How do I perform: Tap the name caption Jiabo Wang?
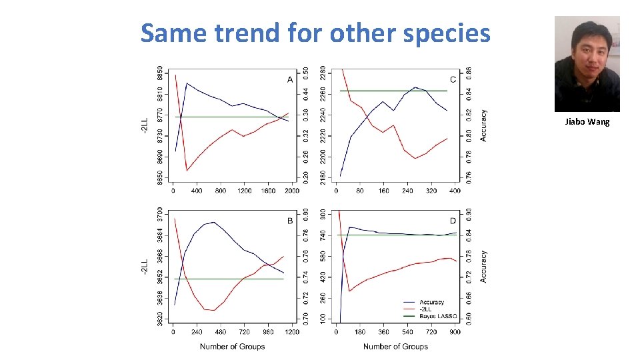coord(587,122)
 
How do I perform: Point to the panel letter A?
coord(290,80)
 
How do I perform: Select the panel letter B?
coord(290,221)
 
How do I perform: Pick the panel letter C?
coord(453,80)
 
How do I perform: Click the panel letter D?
coord(453,221)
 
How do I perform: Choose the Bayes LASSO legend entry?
coord(438,316)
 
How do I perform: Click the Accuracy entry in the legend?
coord(432,303)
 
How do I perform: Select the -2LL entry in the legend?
coord(427,309)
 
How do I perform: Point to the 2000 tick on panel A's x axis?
coord(291,191)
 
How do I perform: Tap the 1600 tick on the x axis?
coord(268,191)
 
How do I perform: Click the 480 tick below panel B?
coord(221,332)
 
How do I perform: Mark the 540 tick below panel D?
coord(407,332)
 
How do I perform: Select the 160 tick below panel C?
coord(383,191)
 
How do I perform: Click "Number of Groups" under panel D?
coord(395,347)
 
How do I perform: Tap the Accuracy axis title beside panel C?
coord(484,125)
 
